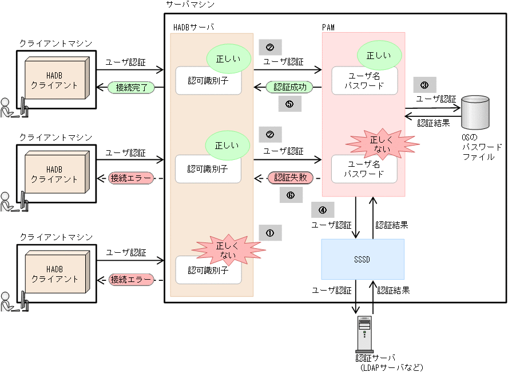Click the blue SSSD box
363,259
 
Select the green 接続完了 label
131,88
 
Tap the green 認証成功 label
289,88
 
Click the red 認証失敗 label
289,178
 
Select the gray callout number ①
270,233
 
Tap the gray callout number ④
322,210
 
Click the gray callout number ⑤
289,104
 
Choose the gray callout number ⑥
291,195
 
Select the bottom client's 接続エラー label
131,280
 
